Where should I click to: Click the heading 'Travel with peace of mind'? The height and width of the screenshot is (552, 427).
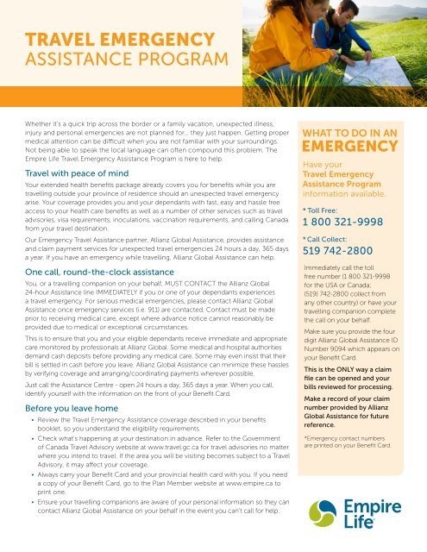coord(82,172)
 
